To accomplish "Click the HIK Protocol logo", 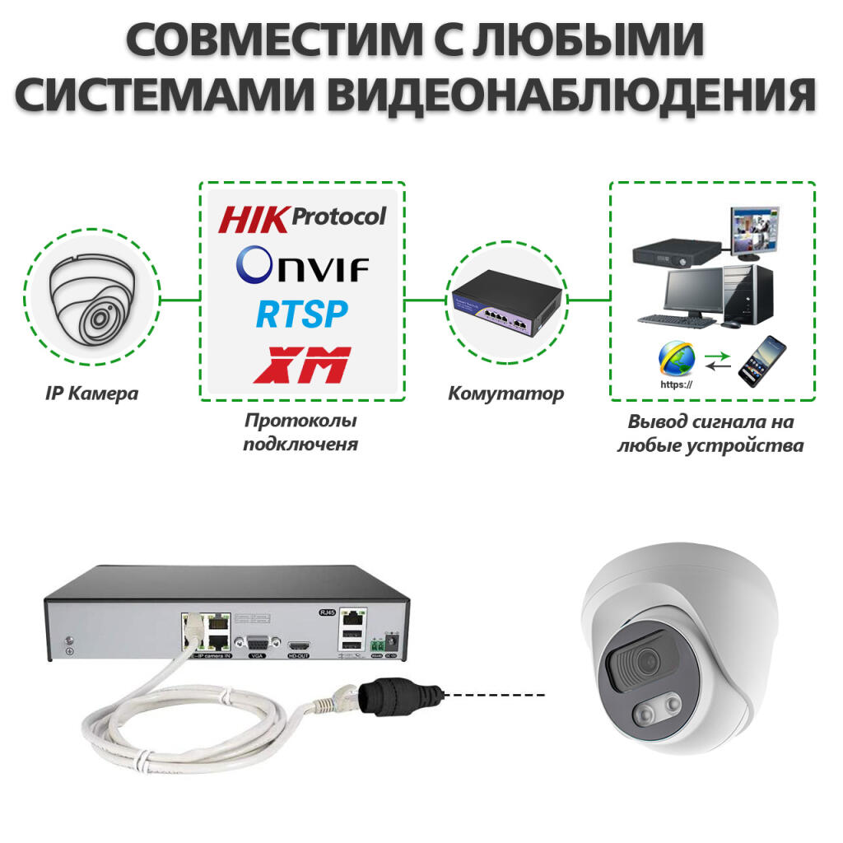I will pos(302,218).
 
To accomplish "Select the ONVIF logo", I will pos(302,266).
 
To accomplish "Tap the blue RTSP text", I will pos(301,314).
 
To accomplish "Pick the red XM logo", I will pos(302,364).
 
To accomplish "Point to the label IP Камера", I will pos(91,394).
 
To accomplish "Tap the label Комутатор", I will pos(506,394).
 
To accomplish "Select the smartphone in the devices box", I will pos(761,361).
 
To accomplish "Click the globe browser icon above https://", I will pos(676,357).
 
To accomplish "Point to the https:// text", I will pos(676,384).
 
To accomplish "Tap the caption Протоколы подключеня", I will pos(301,432).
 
